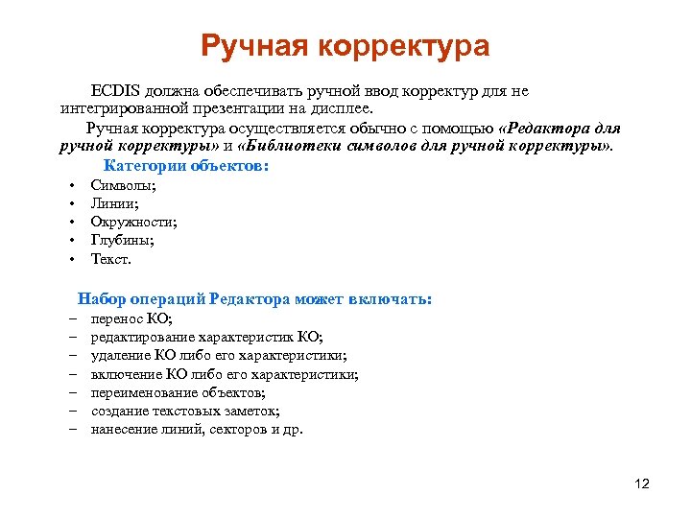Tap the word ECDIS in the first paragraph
(115, 91)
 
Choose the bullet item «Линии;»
(115, 203)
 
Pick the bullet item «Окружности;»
(133, 222)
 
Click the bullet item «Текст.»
(111, 259)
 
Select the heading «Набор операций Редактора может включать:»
(255, 299)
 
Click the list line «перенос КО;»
(131, 319)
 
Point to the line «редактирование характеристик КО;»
(206, 338)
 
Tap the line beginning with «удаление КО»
(219, 356)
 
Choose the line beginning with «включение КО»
(225, 374)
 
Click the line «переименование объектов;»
(179, 392)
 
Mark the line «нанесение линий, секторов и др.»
(197, 429)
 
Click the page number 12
(642, 483)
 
